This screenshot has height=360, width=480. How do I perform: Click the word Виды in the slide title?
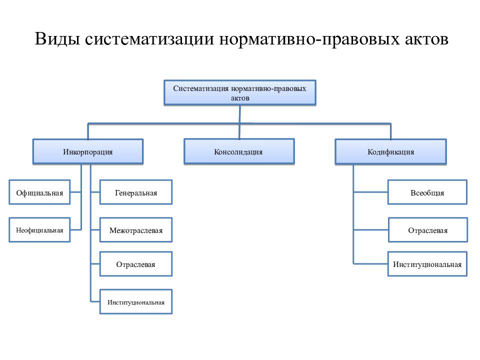click(x=57, y=39)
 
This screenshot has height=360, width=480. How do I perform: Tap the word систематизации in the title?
click(x=149, y=39)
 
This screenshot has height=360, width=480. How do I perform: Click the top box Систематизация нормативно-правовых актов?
click(x=239, y=93)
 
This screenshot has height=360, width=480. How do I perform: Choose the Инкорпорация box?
click(x=88, y=152)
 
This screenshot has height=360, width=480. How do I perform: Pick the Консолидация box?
click(x=239, y=152)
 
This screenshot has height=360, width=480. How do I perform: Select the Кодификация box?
click(x=390, y=152)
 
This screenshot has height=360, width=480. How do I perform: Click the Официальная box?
click(x=39, y=192)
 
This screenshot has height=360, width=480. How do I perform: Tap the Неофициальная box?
click(x=39, y=230)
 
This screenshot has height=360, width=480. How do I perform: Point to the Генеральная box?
click(x=136, y=192)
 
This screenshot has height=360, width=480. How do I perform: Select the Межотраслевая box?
click(x=136, y=230)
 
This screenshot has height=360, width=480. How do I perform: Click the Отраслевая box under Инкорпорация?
click(x=136, y=264)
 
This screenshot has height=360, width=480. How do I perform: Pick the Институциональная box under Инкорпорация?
click(x=136, y=302)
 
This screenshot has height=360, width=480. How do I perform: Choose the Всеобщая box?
click(x=427, y=192)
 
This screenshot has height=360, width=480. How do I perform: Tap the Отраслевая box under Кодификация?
click(x=428, y=230)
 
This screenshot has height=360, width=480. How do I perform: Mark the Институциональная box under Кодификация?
click(x=427, y=264)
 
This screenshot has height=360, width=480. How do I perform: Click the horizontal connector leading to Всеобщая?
click(x=370, y=192)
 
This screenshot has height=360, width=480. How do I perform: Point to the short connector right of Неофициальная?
click(x=76, y=229)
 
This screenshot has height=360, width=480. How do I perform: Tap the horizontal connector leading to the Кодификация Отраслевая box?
click(x=371, y=229)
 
